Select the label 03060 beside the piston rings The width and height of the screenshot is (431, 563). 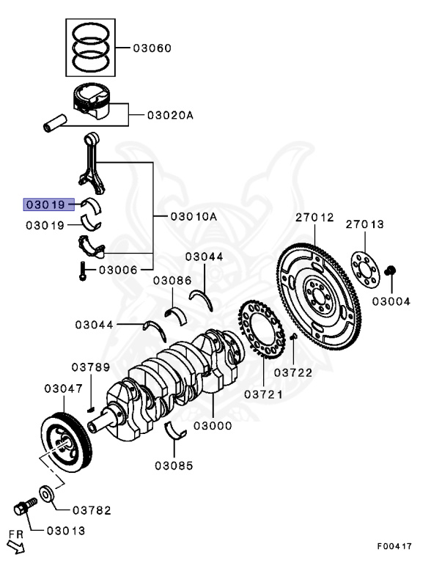[152, 48]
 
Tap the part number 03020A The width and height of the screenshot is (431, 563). [170, 115]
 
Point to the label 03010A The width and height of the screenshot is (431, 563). [194, 217]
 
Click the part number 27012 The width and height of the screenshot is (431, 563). [314, 218]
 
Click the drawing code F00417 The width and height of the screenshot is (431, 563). [394, 546]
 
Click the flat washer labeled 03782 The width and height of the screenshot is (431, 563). [45, 493]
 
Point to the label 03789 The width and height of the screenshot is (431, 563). [90, 367]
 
